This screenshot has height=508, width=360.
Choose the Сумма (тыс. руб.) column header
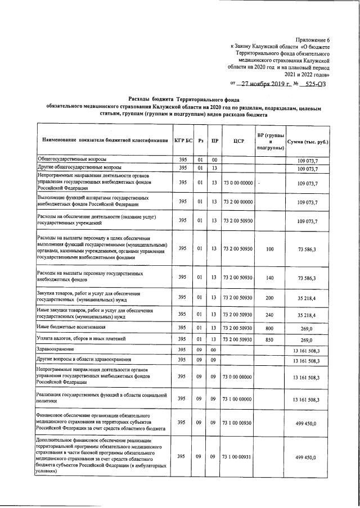pyautogui.click(x=308, y=141)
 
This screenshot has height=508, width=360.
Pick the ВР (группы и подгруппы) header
pyautogui.click(x=271, y=141)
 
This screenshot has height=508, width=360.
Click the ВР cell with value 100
pyautogui.click(x=270, y=248)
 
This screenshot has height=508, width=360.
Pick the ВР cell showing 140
pyautogui.click(x=270, y=278)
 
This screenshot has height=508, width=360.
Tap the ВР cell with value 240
pyautogui.click(x=270, y=315)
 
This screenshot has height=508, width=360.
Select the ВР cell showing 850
pyautogui.click(x=270, y=339)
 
